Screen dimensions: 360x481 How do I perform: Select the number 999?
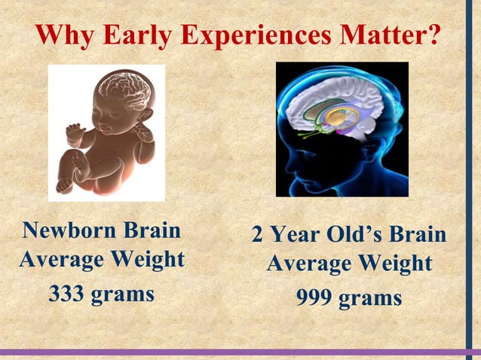click(314, 298)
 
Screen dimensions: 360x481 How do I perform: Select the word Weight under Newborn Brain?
click(144, 260)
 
